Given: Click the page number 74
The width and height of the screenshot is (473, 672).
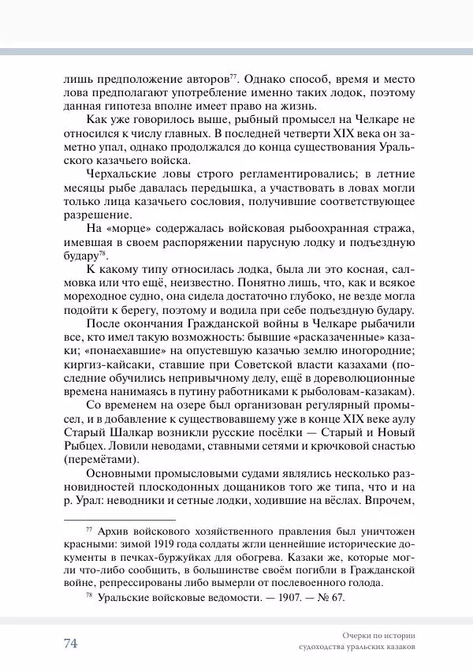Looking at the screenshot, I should tap(70, 643).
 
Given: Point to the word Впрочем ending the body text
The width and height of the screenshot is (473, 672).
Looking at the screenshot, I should tap(385, 501).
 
